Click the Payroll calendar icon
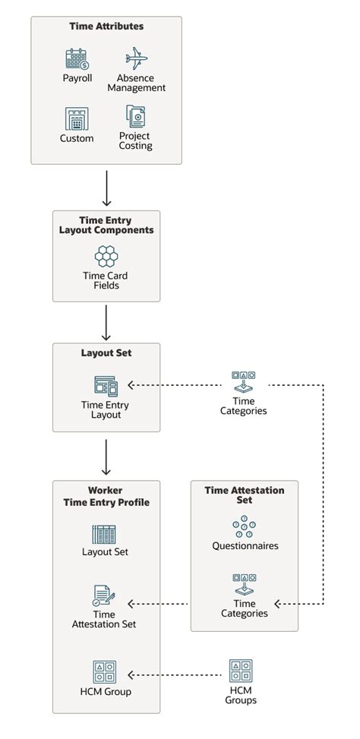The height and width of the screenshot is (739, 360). (x=77, y=59)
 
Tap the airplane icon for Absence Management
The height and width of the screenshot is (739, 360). (x=136, y=58)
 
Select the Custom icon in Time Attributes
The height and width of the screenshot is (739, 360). (x=77, y=119)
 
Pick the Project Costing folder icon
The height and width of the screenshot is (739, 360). (x=135, y=117)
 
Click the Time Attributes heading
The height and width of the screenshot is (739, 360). (x=106, y=27)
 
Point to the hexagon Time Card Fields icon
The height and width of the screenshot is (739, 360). (x=106, y=256)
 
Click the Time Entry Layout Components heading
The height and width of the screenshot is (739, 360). (x=106, y=226)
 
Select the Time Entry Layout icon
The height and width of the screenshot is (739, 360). (x=106, y=386)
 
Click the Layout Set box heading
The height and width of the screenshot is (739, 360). (x=106, y=353)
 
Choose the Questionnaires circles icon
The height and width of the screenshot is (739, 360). (x=245, y=527)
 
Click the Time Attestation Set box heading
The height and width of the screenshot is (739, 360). (x=245, y=495)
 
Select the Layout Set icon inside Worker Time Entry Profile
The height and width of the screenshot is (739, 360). (x=104, y=534)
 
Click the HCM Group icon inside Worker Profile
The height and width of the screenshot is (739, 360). (x=105, y=672)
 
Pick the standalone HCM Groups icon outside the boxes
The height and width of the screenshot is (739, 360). (x=241, y=671)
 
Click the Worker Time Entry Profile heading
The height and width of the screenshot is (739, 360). (x=106, y=497)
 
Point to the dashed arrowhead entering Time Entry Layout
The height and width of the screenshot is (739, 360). (x=131, y=385)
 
